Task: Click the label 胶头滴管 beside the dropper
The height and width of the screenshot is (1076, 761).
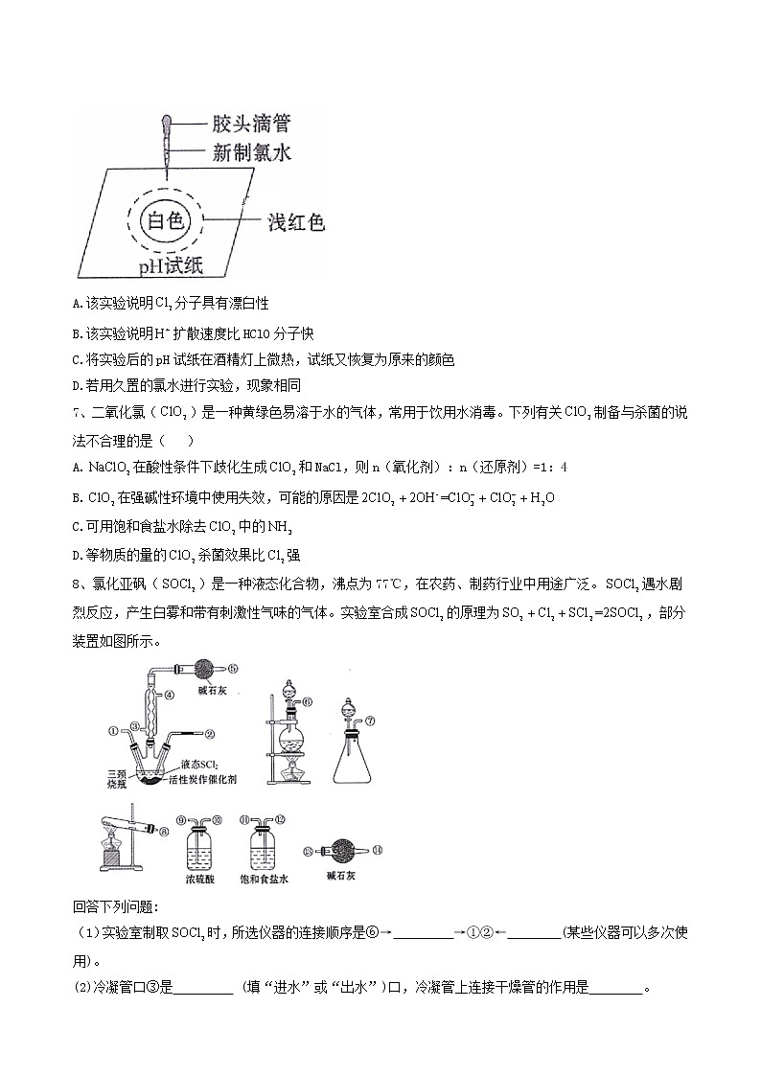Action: point(250,124)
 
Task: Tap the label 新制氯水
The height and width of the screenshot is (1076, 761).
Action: point(250,151)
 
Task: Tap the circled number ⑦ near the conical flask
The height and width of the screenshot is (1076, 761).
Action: point(370,720)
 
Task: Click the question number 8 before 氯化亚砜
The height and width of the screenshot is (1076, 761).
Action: point(77,584)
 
